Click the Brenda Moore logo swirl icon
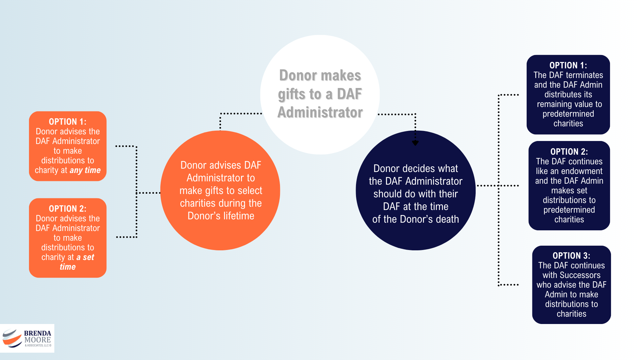(x=12, y=338)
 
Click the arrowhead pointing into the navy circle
(x=415, y=143)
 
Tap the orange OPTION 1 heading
(x=67, y=122)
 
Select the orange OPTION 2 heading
(x=67, y=209)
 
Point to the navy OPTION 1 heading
(x=568, y=65)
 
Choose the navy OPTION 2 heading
(x=569, y=152)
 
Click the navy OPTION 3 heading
(x=571, y=256)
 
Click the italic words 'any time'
(x=85, y=170)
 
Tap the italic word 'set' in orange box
(x=88, y=257)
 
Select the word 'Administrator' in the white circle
(x=320, y=113)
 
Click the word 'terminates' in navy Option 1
(x=584, y=75)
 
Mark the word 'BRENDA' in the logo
(x=37, y=333)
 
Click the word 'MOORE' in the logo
(x=37, y=340)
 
